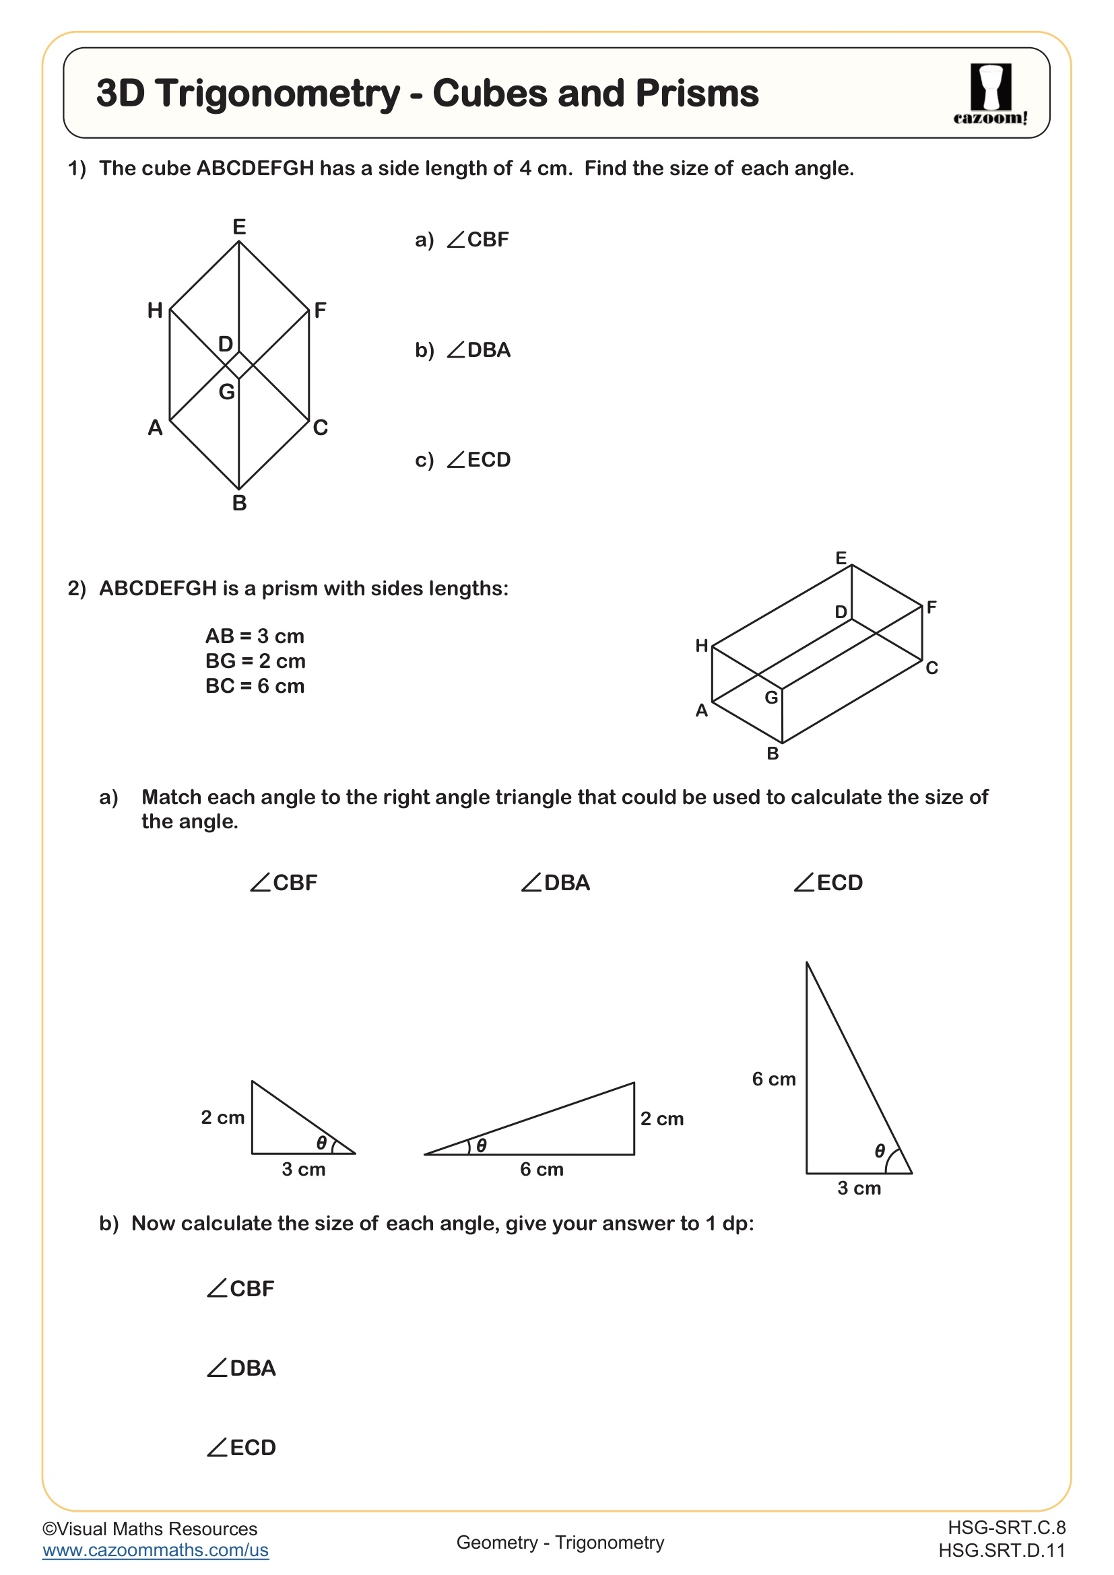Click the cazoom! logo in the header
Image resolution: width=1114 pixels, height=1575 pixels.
tap(990, 94)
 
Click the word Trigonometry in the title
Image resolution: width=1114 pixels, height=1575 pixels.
tap(277, 94)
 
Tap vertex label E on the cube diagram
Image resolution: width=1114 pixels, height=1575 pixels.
tap(238, 227)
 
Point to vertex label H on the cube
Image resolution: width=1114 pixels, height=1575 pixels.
tap(155, 310)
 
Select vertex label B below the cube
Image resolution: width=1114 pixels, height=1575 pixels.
tap(238, 503)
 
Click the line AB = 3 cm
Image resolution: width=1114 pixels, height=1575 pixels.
tap(255, 636)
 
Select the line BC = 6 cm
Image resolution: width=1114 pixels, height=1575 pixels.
tap(255, 686)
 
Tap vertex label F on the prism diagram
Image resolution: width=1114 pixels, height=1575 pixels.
tap(931, 607)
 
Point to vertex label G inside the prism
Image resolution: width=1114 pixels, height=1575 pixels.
tap(771, 698)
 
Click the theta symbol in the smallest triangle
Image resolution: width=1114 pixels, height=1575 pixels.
tap(321, 1143)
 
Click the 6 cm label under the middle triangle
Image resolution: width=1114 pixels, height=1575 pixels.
tap(542, 1169)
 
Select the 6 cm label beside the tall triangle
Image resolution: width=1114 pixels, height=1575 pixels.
tap(773, 1079)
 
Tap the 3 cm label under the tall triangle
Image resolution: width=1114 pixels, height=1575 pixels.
tap(858, 1188)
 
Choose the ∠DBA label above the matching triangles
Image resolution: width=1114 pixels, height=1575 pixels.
tap(555, 883)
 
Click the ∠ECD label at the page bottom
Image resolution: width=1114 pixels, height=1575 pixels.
tap(242, 1448)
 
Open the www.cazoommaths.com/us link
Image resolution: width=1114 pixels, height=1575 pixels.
tap(155, 1549)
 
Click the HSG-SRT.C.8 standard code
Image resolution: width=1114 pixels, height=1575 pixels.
tap(1006, 1527)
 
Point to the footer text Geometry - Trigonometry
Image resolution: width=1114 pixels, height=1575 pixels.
tap(560, 1542)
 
